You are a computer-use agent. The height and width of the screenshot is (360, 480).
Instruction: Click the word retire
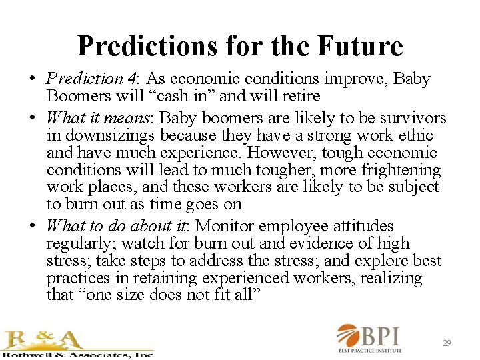pos(298,96)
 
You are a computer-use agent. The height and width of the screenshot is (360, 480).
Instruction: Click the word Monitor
pos(227,227)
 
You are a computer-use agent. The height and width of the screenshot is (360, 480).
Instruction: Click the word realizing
pos(391,278)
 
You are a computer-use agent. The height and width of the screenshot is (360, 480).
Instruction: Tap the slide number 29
pos(447,343)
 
